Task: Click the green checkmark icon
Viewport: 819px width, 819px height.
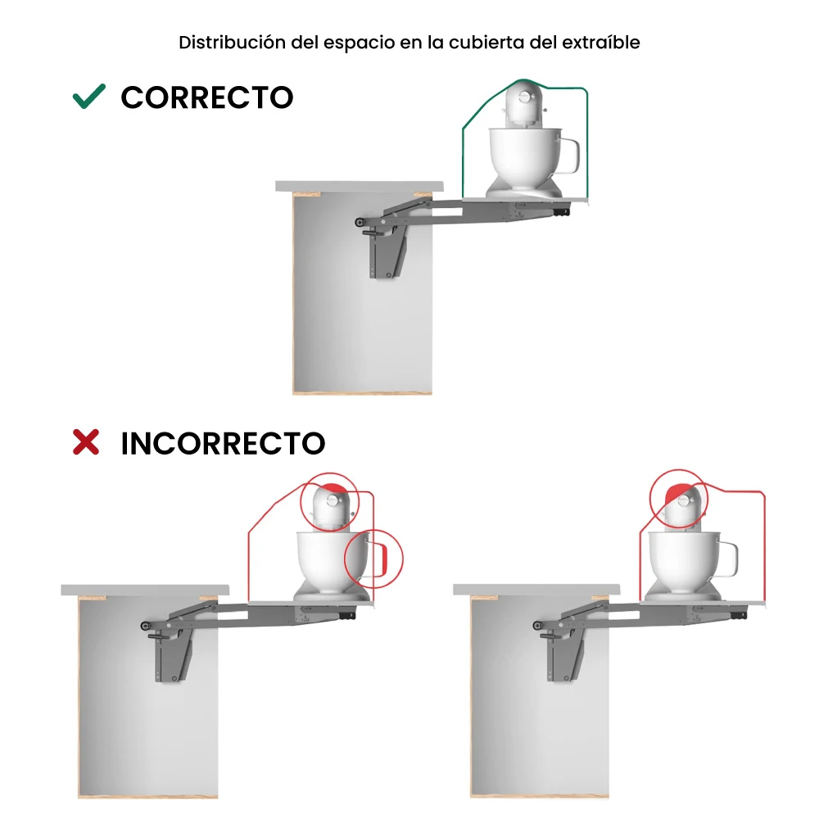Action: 88,97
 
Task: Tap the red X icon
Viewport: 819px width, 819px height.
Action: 86,443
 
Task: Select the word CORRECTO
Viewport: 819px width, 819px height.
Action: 206,97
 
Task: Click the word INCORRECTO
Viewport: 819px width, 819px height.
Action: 223,444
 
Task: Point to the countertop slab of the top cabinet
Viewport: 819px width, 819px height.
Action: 360,186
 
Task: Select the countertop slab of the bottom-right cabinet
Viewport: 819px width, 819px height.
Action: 536,589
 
